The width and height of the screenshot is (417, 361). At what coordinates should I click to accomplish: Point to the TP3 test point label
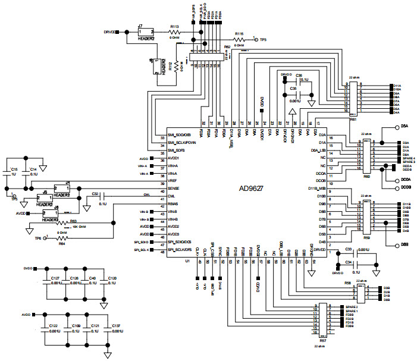click(264, 39)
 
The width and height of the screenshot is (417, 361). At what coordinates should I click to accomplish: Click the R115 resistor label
click(239, 34)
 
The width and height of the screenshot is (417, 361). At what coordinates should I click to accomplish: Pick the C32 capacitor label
click(95, 194)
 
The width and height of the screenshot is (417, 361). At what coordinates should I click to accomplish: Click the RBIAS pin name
click(174, 204)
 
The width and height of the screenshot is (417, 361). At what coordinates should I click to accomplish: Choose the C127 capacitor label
click(55, 278)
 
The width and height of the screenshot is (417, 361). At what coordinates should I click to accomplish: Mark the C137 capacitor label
click(115, 326)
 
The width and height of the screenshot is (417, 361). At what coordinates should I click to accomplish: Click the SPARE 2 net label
click(352, 307)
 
